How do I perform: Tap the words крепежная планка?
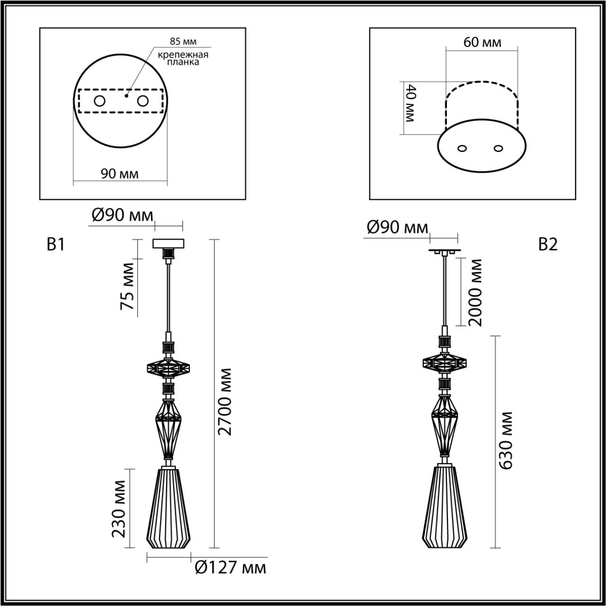coord(183,58)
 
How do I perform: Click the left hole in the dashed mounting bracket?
coord(99,101)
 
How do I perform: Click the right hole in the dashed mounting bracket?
coord(143,101)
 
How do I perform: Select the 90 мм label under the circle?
coord(120,174)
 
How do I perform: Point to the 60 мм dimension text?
coord(482,42)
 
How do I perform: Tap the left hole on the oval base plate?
coord(463,148)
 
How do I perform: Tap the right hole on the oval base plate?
coord(498,148)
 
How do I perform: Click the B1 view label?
coord(55,244)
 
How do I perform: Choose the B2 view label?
coord(548,244)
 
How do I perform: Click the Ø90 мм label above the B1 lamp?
coord(122,215)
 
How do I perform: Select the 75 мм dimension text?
coord(127,286)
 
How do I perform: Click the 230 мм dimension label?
coord(119,509)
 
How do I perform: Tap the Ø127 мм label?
coord(230,567)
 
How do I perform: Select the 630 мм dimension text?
coord(506,440)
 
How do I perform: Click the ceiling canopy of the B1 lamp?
coord(168,244)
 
